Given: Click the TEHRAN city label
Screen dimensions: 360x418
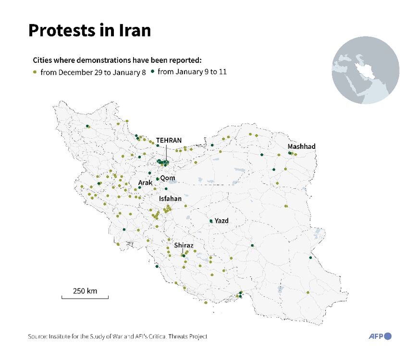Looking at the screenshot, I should pos(169,140).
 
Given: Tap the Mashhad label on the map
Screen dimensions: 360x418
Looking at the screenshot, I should pos(301,146).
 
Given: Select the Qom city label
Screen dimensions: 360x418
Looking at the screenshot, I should pos(168,178).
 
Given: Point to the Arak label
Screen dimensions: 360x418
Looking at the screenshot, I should pos(145,183).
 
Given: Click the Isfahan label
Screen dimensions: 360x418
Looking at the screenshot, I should pos(170,198).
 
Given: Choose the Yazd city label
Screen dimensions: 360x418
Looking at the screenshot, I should pos(221,221).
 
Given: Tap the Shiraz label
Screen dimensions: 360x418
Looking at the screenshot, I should pos(184,245).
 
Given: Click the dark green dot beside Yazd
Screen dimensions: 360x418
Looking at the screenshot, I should pos(211,221).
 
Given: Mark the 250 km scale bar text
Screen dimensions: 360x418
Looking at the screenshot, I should pos(85,291).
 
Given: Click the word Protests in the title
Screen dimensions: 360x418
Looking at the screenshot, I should pos(60,31).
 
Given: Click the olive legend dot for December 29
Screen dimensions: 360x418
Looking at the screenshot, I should pos(35,72).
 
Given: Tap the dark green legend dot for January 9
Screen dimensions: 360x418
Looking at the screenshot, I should pos(152,72).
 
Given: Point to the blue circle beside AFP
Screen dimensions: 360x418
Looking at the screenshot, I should pos(388,336).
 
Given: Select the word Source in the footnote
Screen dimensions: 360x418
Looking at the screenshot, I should pos(36,337).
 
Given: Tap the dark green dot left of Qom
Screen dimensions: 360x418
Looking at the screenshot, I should pos(157,179).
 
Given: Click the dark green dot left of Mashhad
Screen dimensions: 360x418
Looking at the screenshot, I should pos(289,153).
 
